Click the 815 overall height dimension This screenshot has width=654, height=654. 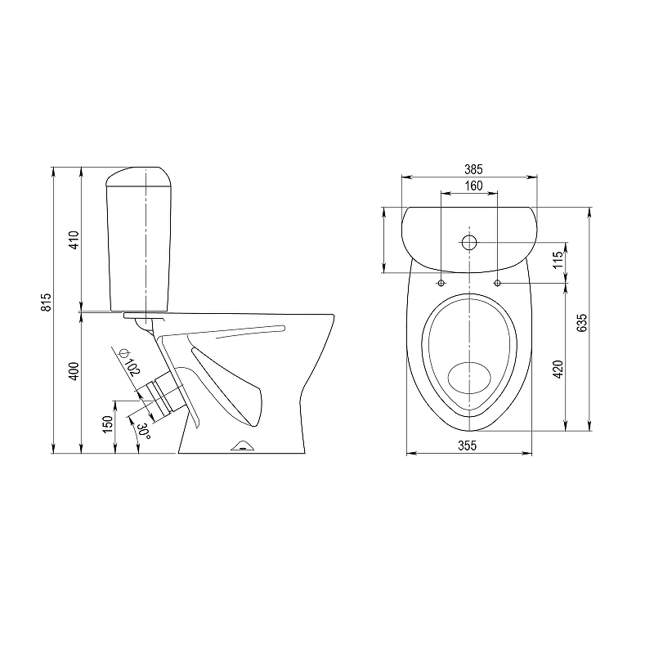[47, 302]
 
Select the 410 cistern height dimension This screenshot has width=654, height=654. [74, 240]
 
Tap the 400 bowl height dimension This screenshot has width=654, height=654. [74, 371]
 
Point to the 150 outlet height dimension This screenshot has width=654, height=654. [108, 424]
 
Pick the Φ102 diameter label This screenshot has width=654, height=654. [129, 362]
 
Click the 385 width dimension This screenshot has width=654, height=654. [473, 169]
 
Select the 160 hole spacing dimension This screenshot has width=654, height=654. [473, 186]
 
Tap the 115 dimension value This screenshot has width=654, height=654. [558, 260]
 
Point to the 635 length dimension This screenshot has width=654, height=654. [581, 322]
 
